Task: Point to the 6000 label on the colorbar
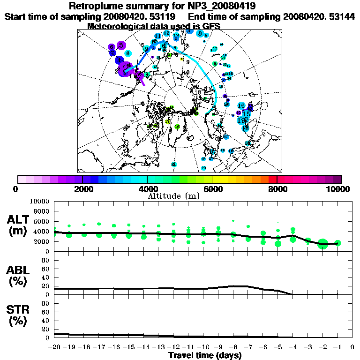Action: coord(212,189)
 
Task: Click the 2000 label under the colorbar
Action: coord(82,189)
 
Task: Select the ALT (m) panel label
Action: coord(20,225)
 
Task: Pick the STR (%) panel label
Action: coord(20,315)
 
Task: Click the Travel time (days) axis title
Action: coord(205,355)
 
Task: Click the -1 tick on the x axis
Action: coord(337,347)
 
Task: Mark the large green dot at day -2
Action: coord(322,244)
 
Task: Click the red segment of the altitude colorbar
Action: coord(273,179)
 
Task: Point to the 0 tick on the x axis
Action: coord(352,347)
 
